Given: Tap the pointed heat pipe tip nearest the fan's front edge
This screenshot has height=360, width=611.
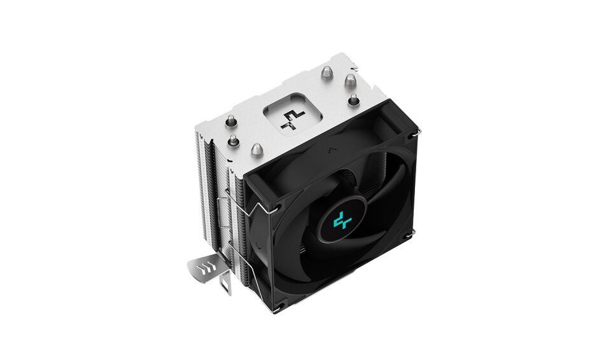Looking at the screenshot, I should (x=256, y=149).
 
